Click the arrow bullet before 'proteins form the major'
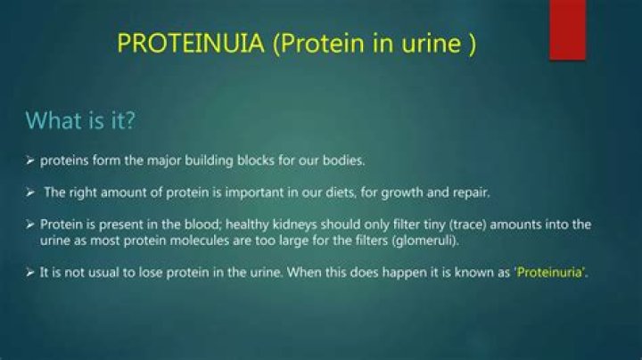tap(30, 160)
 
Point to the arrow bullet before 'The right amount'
tap(30, 192)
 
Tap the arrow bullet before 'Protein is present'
tap(30, 225)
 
